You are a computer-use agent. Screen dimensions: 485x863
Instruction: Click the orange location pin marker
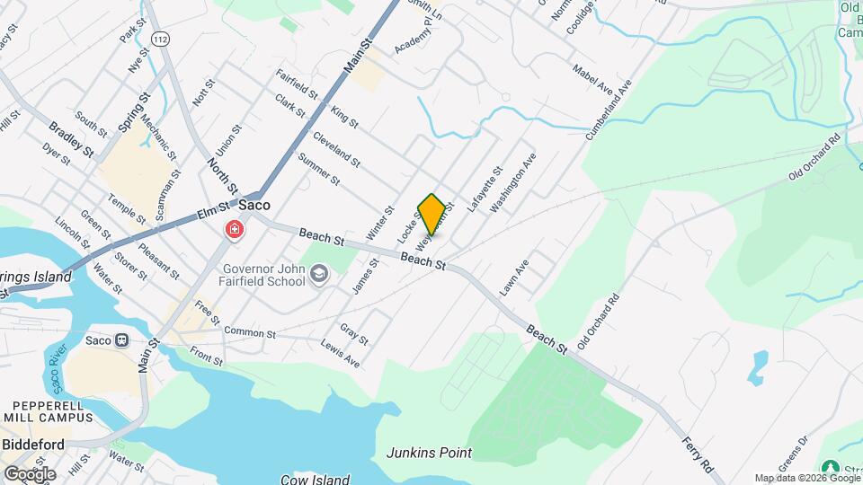[431, 214]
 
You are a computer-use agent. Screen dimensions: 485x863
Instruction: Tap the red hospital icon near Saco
[235, 232]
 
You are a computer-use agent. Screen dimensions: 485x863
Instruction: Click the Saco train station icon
[121, 341]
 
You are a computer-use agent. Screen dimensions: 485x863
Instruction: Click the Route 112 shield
[159, 39]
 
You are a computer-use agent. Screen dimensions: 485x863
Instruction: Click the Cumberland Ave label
[610, 108]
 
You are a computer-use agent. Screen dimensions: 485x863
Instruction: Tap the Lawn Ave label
[514, 278]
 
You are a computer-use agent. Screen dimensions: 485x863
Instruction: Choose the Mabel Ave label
[592, 77]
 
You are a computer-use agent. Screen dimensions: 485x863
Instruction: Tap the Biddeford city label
[32, 445]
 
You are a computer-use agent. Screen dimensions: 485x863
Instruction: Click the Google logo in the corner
[29, 473]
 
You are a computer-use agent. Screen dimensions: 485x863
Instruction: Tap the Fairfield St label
[298, 84]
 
